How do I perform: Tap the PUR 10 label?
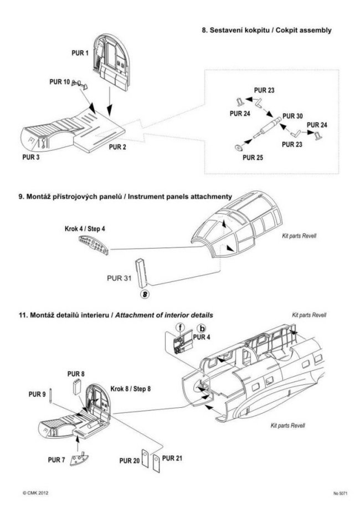point(60,83)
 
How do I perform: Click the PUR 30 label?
point(292,116)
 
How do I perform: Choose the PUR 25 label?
point(252,157)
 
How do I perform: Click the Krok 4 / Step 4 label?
point(81,228)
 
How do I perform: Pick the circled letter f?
point(181,327)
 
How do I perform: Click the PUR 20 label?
point(129,460)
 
